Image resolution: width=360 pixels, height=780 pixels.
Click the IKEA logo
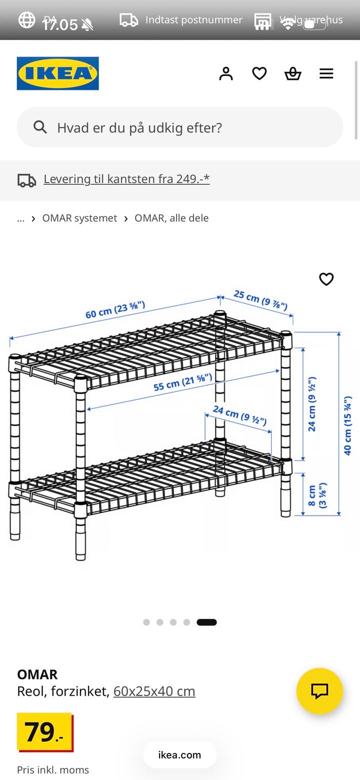point(57,73)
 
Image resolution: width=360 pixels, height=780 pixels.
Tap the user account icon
point(226,73)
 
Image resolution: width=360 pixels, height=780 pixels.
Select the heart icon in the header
point(259,73)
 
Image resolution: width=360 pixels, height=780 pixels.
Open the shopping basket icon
point(292,73)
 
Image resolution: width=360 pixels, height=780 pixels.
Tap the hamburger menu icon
point(326,73)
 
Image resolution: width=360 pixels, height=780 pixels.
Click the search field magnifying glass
point(40,127)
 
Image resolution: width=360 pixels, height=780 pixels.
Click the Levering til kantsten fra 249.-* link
point(126,179)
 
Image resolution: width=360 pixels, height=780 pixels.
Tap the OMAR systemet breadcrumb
point(79,218)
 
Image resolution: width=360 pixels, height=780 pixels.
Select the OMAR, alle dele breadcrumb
point(171,218)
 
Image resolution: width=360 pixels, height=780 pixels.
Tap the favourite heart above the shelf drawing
point(326,279)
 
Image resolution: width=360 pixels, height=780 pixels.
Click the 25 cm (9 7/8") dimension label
point(260,300)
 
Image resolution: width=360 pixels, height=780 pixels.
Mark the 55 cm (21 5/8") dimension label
point(182,381)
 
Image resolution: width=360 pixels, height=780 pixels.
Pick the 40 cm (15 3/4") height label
point(347,425)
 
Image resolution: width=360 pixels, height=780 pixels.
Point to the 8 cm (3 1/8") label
point(317,496)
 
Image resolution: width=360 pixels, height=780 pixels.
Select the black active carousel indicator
point(206,622)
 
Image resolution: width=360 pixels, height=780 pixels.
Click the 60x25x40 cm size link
point(154,691)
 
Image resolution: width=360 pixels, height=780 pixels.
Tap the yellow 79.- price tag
point(44,732)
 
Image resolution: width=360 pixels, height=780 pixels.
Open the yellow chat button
point(319,691)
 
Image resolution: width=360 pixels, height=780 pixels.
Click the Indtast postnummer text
point(193,20)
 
